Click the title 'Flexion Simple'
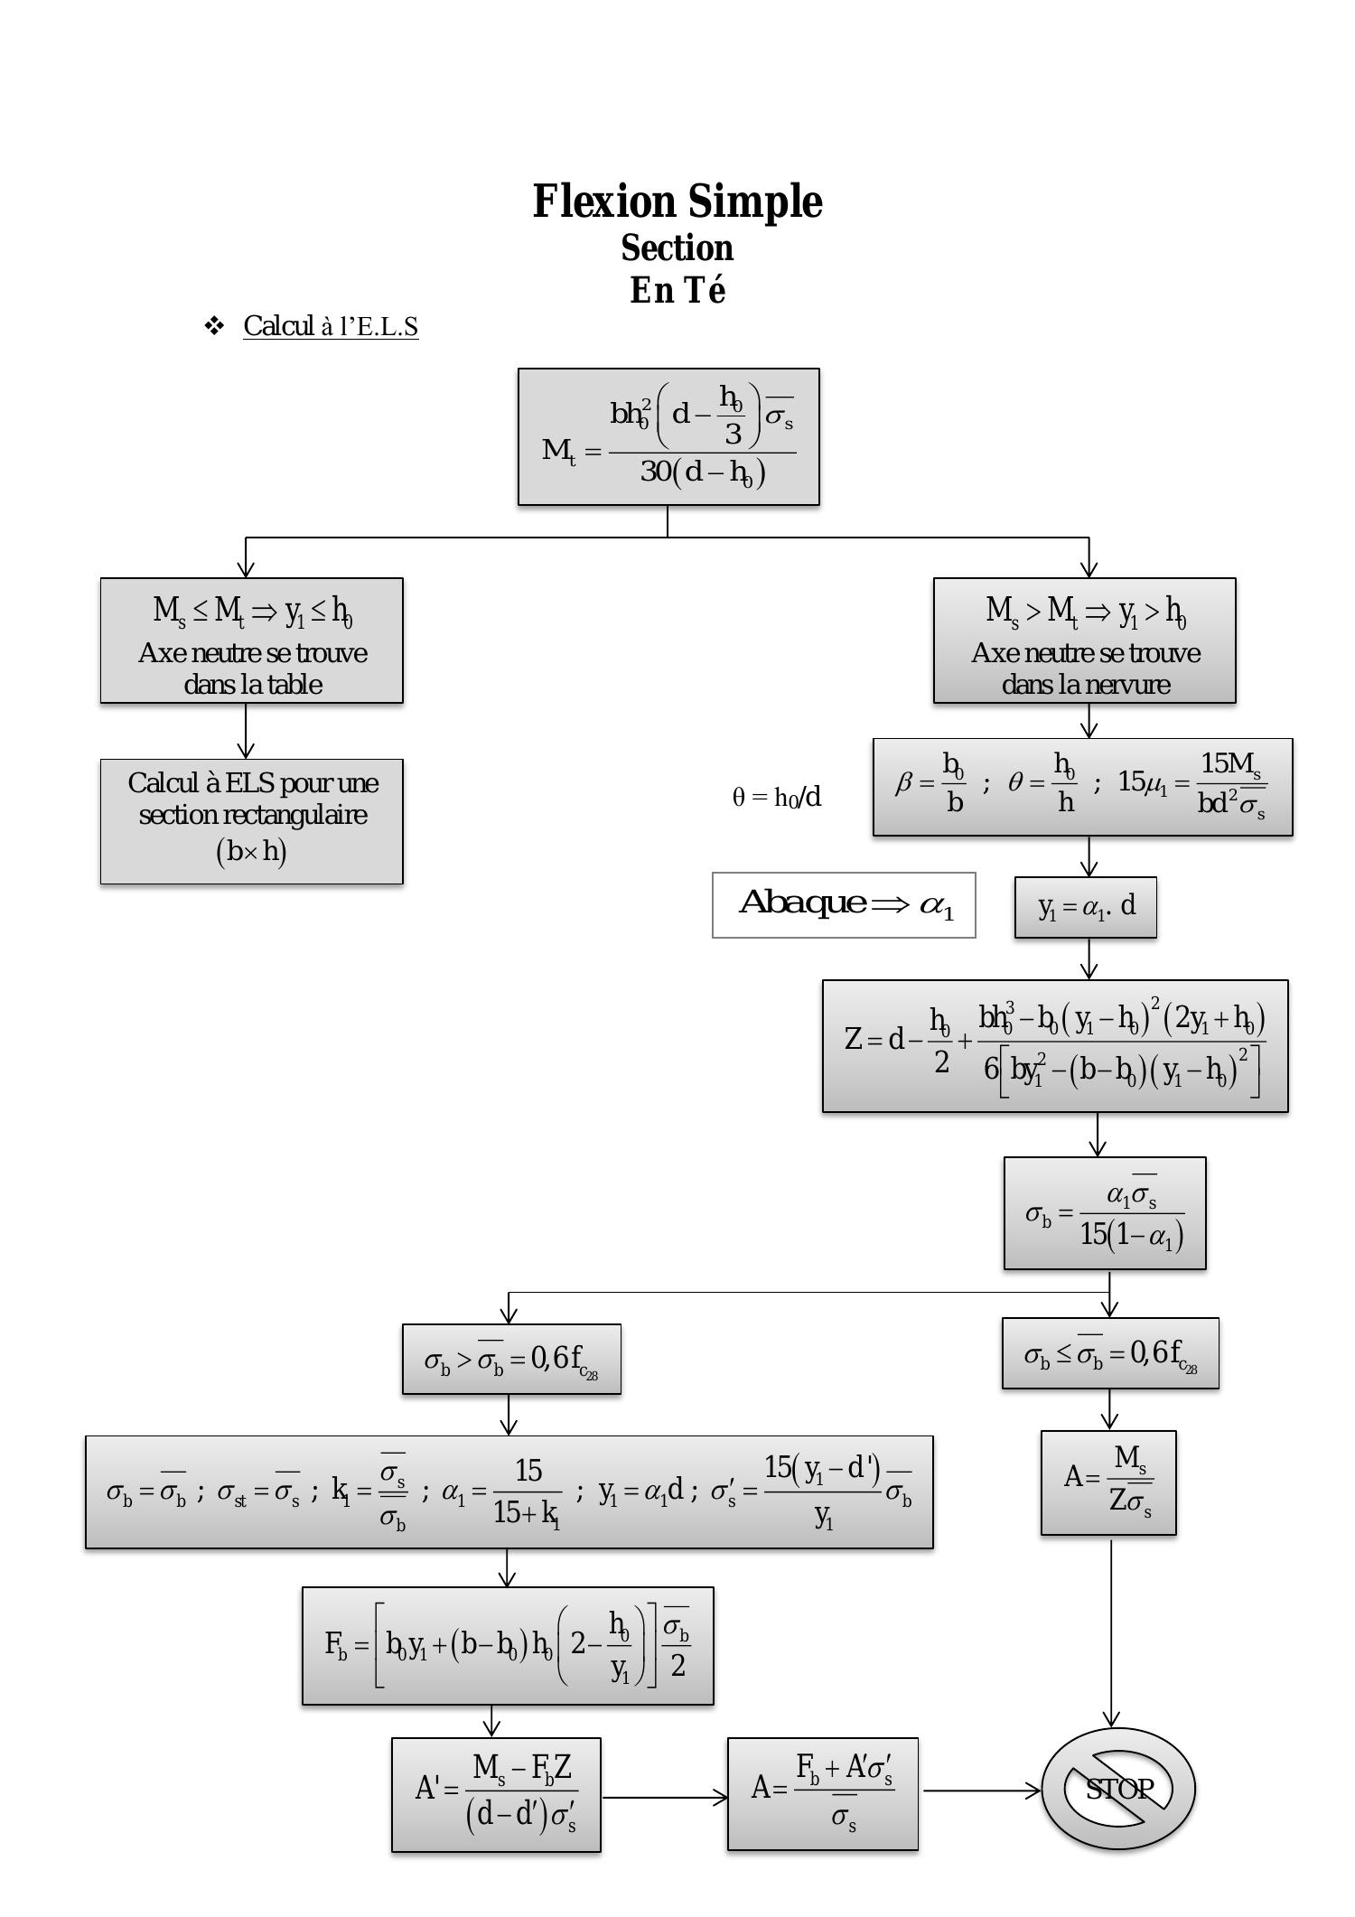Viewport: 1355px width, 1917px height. click(x=677, y=201)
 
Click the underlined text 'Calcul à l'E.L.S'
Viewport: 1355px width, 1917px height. click(x=331, y=326)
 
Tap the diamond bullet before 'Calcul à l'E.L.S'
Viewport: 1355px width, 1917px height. click(x=214, y=325)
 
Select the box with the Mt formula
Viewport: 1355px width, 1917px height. click(x=668, y=436)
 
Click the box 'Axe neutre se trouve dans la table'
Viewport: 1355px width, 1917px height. click(x=252, y=641)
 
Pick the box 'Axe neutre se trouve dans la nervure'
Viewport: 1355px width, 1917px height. click(x=1084, y=641)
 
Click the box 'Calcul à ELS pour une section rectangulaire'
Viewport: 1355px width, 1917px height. click(x=252, y=821)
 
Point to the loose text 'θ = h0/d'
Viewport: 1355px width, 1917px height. click(x=777, y=797)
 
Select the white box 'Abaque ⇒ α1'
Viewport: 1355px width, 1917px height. click(x=844, y=904)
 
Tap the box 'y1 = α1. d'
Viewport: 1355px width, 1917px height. click(x=1085, y=907)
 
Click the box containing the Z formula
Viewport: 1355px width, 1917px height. click(x=1055, y=1046)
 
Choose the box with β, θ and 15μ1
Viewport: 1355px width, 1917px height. click(x=1082, y=787)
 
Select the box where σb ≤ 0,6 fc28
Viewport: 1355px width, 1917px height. click(x=1110, y=1353)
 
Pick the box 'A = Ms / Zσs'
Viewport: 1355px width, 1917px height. click(x=1108, y=1482)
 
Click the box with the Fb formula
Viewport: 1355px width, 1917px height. click(x=508, y=1645)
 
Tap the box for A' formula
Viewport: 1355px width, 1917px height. click(x=496, y=1794)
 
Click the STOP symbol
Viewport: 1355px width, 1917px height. click(x=1118, y=1789)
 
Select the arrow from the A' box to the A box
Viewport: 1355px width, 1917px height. click(x=664, y=1797)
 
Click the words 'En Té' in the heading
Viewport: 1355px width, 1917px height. click(x=677, y=291)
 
